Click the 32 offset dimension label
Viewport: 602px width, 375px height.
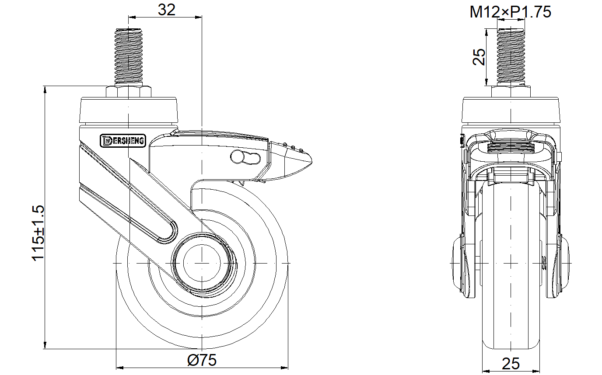(x=166, y=10)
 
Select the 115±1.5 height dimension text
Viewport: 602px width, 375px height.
(x=38, y=233)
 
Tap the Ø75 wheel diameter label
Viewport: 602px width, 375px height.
(x=202, y=360)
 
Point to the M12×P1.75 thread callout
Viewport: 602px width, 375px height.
(x=510, y=12)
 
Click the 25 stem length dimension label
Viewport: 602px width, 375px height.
(x=479, y=57)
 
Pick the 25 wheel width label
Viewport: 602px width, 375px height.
(x=511, y=364)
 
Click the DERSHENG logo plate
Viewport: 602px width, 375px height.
(x=123, y=141)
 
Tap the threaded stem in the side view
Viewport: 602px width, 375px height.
(x=129, y=57)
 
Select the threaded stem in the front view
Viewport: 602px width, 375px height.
(x=511, y=57)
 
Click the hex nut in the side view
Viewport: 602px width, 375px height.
(x=129, y=91)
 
